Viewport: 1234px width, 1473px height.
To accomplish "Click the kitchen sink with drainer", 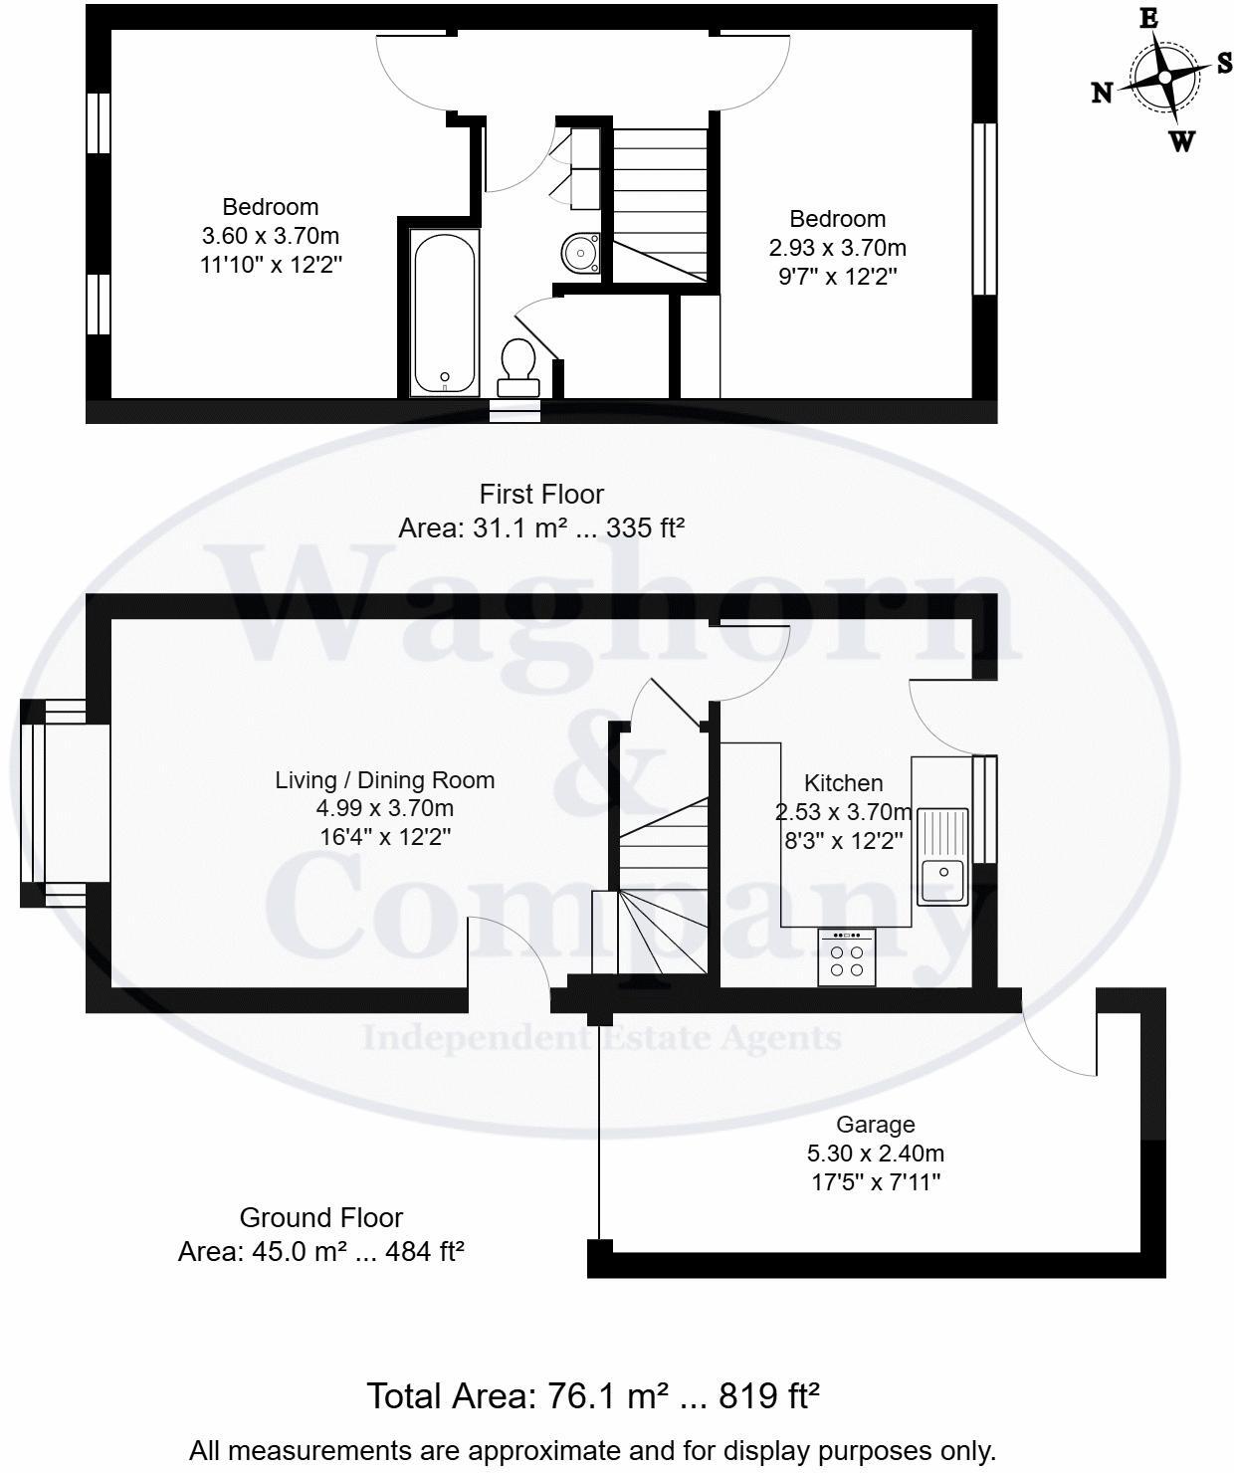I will click(x=942, y=855).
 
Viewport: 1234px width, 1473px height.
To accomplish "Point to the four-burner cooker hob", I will click(x=846, y=957).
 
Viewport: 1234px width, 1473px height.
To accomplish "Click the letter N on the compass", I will click(x=1102, y=93).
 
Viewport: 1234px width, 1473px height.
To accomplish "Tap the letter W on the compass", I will click(x=1181, y=141).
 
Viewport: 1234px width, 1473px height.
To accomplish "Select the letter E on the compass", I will click(x=1147, y=19).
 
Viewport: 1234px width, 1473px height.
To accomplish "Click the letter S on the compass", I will click(x=1223, y=62).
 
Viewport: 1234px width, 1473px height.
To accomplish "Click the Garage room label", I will click(x=875, y=1124).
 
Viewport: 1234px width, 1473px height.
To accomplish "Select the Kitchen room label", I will click(x=843, y=783).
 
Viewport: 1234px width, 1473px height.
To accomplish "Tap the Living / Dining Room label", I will click(x=384, y=780).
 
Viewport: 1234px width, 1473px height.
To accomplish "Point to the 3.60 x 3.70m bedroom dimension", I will click(x=271, y=236).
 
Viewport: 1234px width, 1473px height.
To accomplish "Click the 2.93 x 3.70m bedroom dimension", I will click(x=837, y=248).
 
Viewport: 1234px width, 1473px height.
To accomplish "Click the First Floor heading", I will click(x=541, y=494).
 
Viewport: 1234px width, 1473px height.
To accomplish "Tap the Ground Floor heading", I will click(x=320, y=1217).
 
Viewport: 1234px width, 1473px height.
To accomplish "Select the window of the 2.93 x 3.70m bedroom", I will click(x=984, y=209).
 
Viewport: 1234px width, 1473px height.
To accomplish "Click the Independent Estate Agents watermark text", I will click(x=601, y=1038).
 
